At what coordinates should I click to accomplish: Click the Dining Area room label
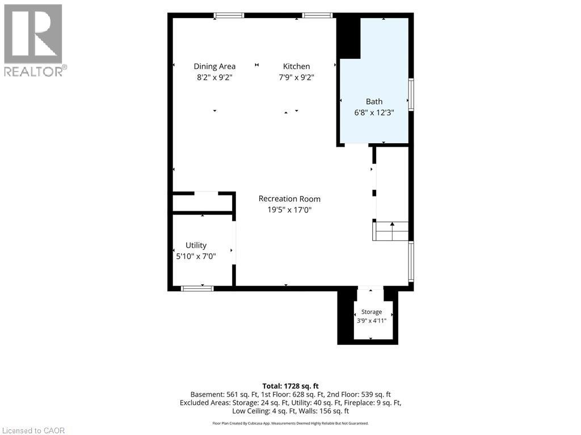click(x=214, y=66)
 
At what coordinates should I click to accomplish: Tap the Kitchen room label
click(x=296, y=66)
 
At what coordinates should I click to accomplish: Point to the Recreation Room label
click(x=289, y=199)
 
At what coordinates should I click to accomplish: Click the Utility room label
click(x=196, y=245)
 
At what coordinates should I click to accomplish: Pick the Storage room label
click(x=372, y=312)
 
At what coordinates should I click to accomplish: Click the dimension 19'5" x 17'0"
click(x=289, y=210)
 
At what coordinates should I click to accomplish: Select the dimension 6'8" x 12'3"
click(x=374, y=113)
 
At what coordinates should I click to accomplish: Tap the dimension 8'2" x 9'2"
click(x=214, y=77)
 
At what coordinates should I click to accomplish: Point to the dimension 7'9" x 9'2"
click(x=296, y=77)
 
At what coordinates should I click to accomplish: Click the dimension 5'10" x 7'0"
click(x=196, y=256)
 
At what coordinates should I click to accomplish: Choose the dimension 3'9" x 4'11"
click(x=372, y=321)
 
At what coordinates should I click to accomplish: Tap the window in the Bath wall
click(x=411, y=95)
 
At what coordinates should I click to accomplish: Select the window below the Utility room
click(x=197, y=288)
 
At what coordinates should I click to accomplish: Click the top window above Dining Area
click(x=229, y=15)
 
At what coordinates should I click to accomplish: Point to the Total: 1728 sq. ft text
click(x=290, y=386)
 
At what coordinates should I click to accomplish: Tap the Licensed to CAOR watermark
click(x=33, y=430)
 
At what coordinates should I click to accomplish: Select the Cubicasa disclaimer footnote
click(x=290, y=423)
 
